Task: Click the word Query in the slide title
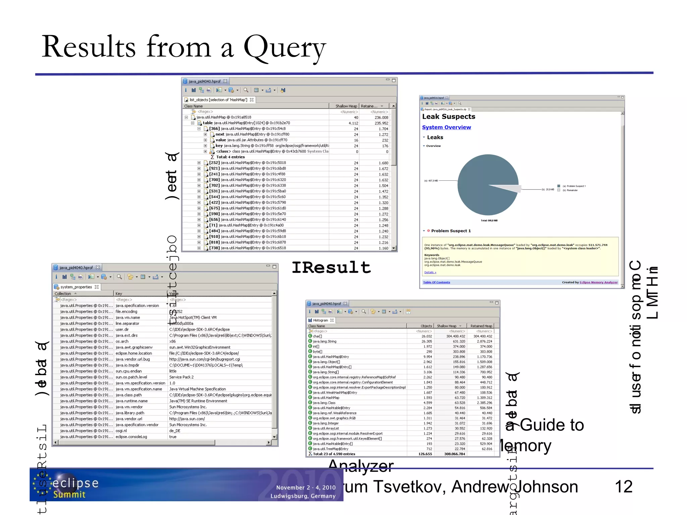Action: pyautogui.click(x=284, y=48)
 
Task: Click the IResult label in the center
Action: pyautogui.click(x=331, y=268)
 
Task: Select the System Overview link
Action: pyautogui.click(x=446, y=127)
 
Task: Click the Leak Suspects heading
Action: pyautogui.click(x=448, y=117)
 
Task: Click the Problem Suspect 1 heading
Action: pyautogui.click(x=451, y=231)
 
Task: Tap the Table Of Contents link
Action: pyautogui.click(x=436, y=282)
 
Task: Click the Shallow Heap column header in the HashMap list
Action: pyautogui.click(x=346, y=106)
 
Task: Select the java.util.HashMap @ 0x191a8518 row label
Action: pyautogui.click(x=223, y=117)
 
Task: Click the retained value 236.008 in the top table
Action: pyautogui.click(x=381, y=118)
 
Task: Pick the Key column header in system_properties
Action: pyautogui.click(x=119, y=293)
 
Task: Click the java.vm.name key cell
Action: pyautogui.click(x=128, y=318)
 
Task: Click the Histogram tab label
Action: pyautogui.click(x=320, y=320)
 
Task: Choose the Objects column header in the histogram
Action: pyautogui.click(x=426, y=326)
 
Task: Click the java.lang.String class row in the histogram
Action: pyautogui.click(x=324, y=341)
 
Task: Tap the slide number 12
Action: pyautogui.click(x=623, y=487)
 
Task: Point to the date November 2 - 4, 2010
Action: pyautogui.click(x=306, y=488)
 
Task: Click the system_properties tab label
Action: pyautogui.click(x=76, y=287)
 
